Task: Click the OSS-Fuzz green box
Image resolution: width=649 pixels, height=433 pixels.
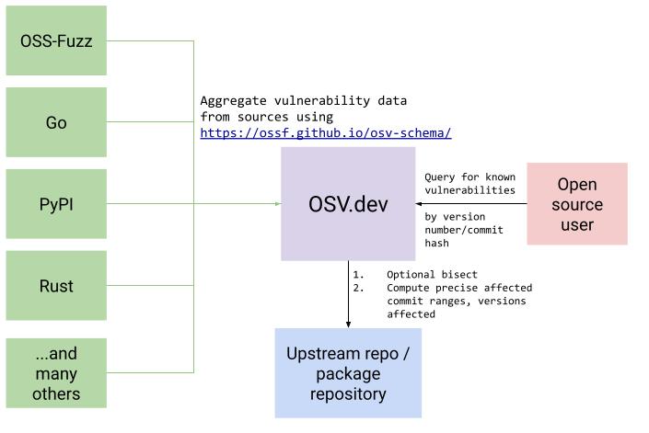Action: click(56, 40)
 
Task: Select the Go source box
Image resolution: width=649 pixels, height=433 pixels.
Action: click(56, 122)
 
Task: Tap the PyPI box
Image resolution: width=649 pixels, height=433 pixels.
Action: click(56, 204)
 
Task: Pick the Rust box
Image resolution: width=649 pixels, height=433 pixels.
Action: click(56, 286)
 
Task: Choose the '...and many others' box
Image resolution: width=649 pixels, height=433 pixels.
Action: click(56, 372)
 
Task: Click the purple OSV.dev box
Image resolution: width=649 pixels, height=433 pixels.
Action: click(349, 204)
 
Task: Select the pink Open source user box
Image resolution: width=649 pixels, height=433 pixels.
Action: click(577, 204)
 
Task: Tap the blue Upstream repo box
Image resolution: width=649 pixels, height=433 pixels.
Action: click(348, 374)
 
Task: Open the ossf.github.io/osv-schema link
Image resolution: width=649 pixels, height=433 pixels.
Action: click(326, 133)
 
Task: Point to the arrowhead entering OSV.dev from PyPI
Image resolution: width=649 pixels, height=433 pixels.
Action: click(278, 204)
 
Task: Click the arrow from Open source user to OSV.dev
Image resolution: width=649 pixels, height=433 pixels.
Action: click(469, 204)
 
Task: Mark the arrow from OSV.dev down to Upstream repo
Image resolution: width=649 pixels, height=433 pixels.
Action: click(349, 294)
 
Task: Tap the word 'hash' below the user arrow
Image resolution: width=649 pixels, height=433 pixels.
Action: click(437, 244)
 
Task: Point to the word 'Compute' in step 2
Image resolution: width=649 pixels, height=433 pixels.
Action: click(410, 288)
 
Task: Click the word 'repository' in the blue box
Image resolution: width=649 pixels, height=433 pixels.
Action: click(348, 394)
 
